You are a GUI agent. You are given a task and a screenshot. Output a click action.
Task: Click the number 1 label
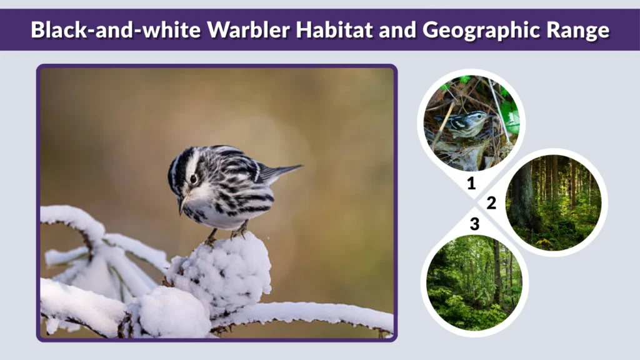pos(471,183)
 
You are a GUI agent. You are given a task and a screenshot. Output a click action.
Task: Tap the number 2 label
pos(491,203)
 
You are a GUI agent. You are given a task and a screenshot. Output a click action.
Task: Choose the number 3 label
pos(474,224)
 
